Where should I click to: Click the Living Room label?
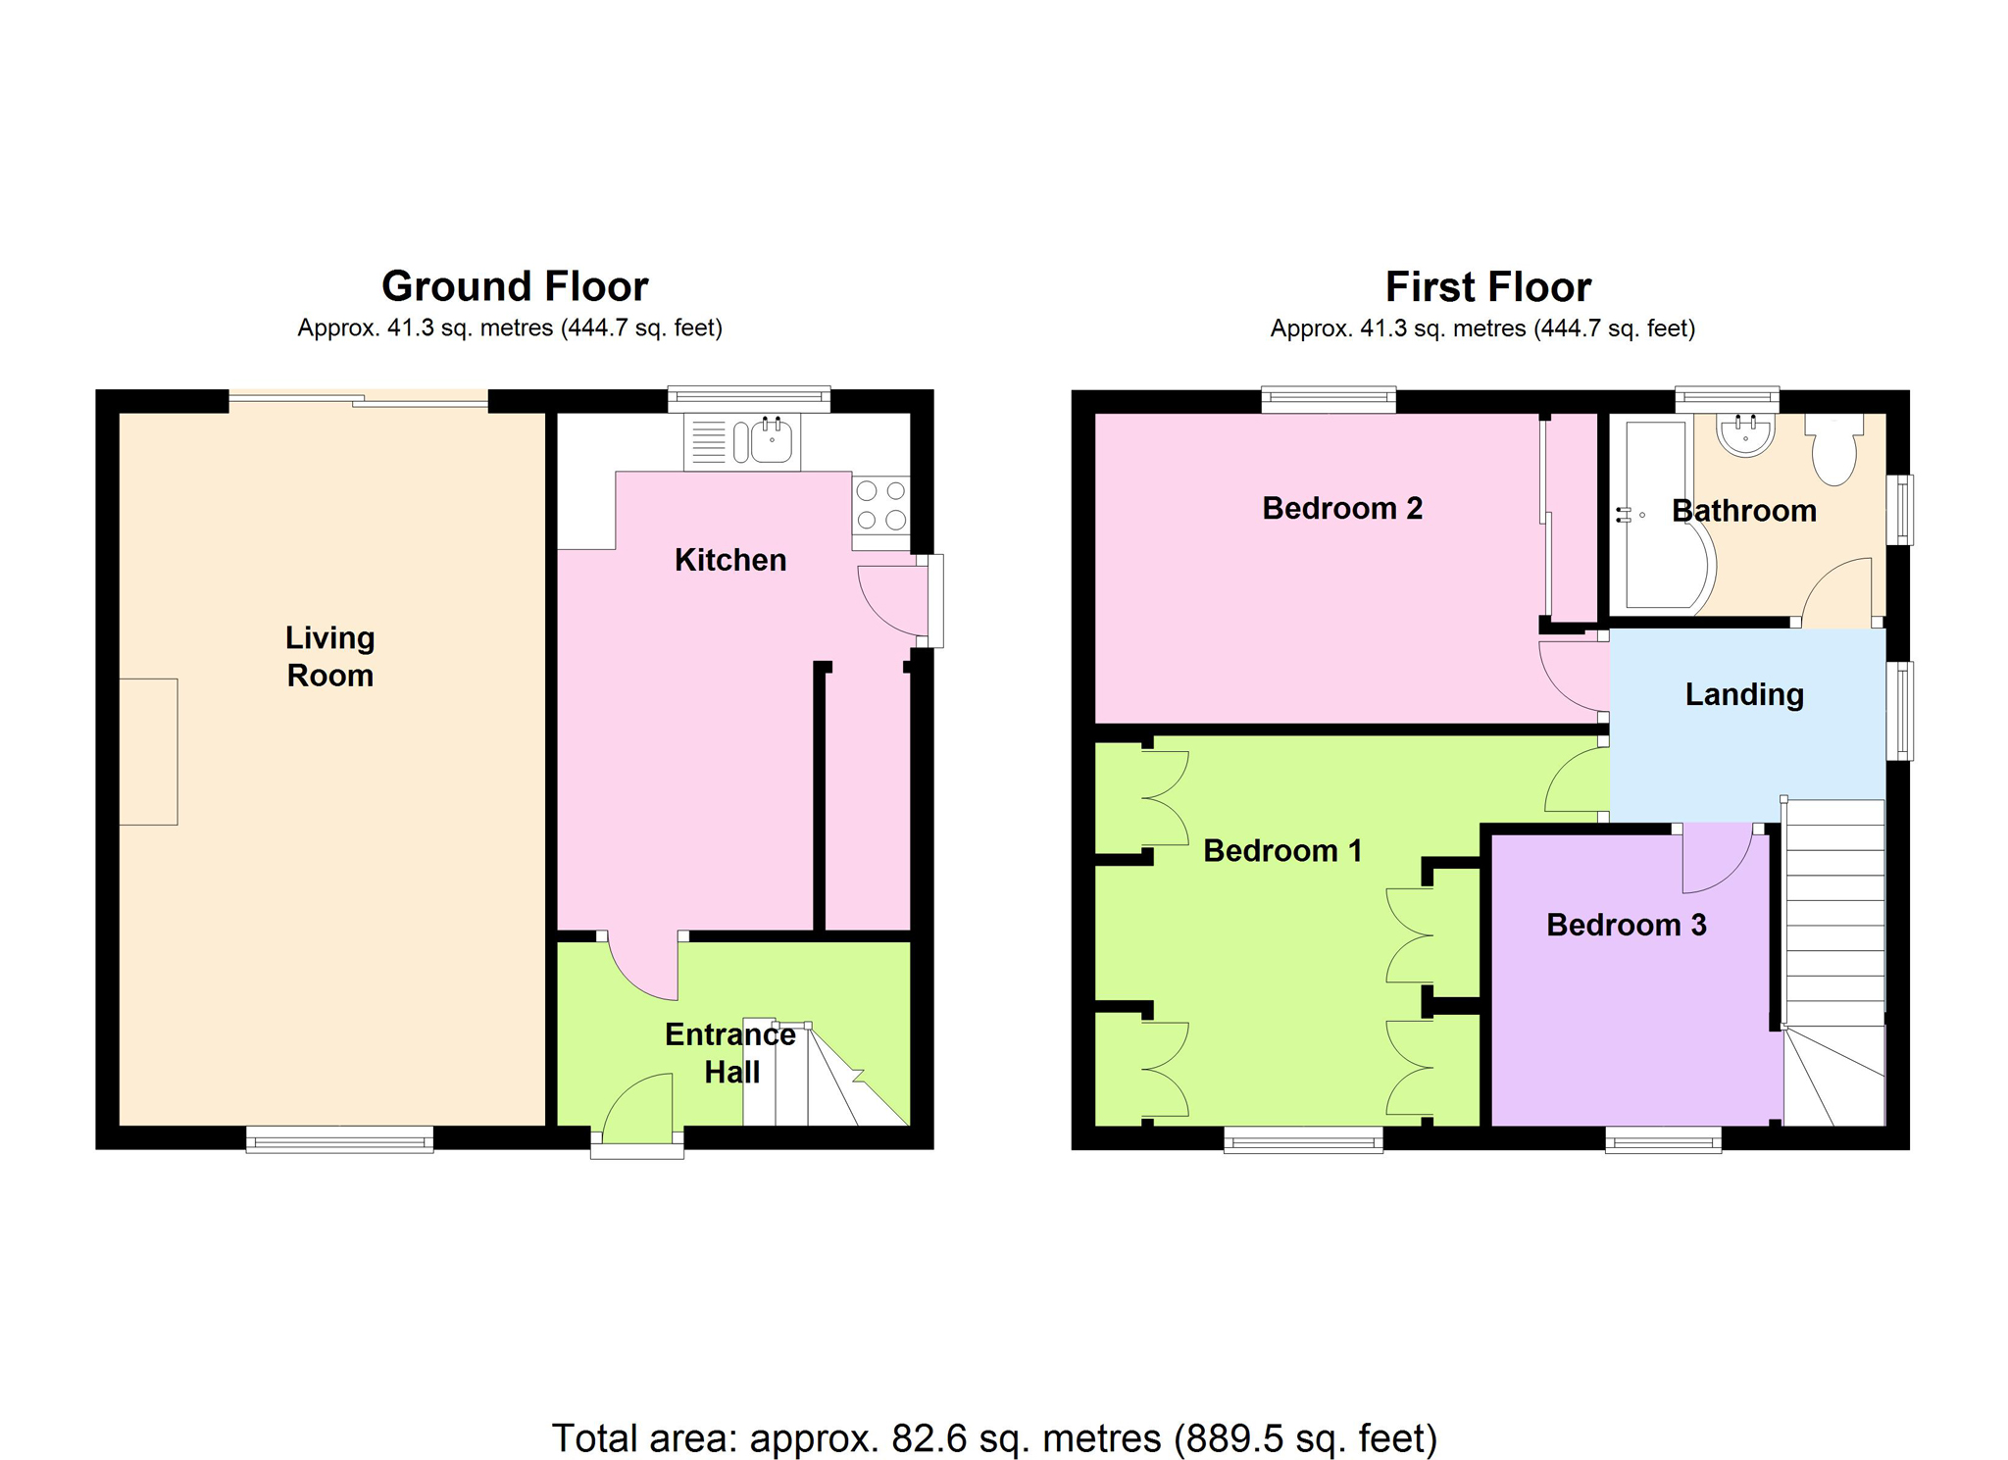[x=329, y=656]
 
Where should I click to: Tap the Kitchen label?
[x=730, y=560]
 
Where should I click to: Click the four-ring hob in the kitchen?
[x=880, y=505]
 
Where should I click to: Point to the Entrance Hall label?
[x=730, y=1053]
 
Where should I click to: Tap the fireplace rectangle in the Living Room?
[x=148, y=751]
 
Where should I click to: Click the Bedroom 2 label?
[x=1342, y=508]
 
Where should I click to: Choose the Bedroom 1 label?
[x=1282, y=850]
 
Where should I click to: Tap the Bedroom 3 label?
[x=1627, y=925]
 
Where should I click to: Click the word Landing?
[x=1744, y=694]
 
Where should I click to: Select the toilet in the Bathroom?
[x=1833, y=448]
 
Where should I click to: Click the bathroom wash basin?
[x=1745, y=435]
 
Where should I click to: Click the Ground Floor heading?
[x=515, y=286]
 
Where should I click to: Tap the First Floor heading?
[x=1488, y=287]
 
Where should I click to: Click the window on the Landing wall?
[x=1900, y=711]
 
